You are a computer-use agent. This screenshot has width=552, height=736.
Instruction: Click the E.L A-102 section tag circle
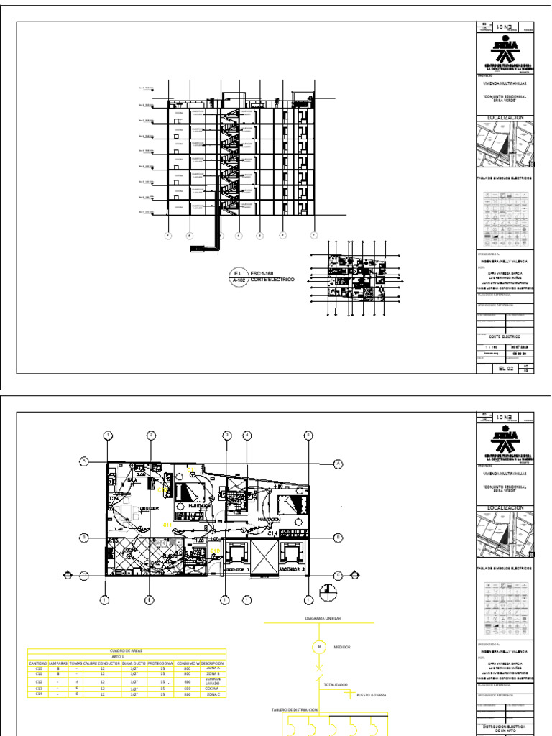[x=237, y=276]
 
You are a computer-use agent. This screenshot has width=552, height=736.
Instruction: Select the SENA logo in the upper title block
[x=506, y=51]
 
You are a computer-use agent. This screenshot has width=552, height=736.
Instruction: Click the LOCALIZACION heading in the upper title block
[x=506, y=117]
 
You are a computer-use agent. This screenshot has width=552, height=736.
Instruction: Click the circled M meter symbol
[x=318, y=647]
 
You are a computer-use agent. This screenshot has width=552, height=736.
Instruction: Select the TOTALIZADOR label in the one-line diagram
[x=337, y=685]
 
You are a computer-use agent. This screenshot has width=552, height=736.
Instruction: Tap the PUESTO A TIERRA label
[x=371, y=696]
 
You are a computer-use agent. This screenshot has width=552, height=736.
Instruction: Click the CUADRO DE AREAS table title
[x=126, y=650]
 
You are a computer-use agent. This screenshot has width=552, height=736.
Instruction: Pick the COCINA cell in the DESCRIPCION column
[x=212, y=689]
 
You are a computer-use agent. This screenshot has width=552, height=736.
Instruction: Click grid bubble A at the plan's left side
[x=84, y=461]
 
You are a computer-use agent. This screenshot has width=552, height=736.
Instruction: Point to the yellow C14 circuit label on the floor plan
[x=273, y=534]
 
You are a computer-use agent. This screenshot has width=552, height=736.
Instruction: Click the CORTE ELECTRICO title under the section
[x=272, y=280]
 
